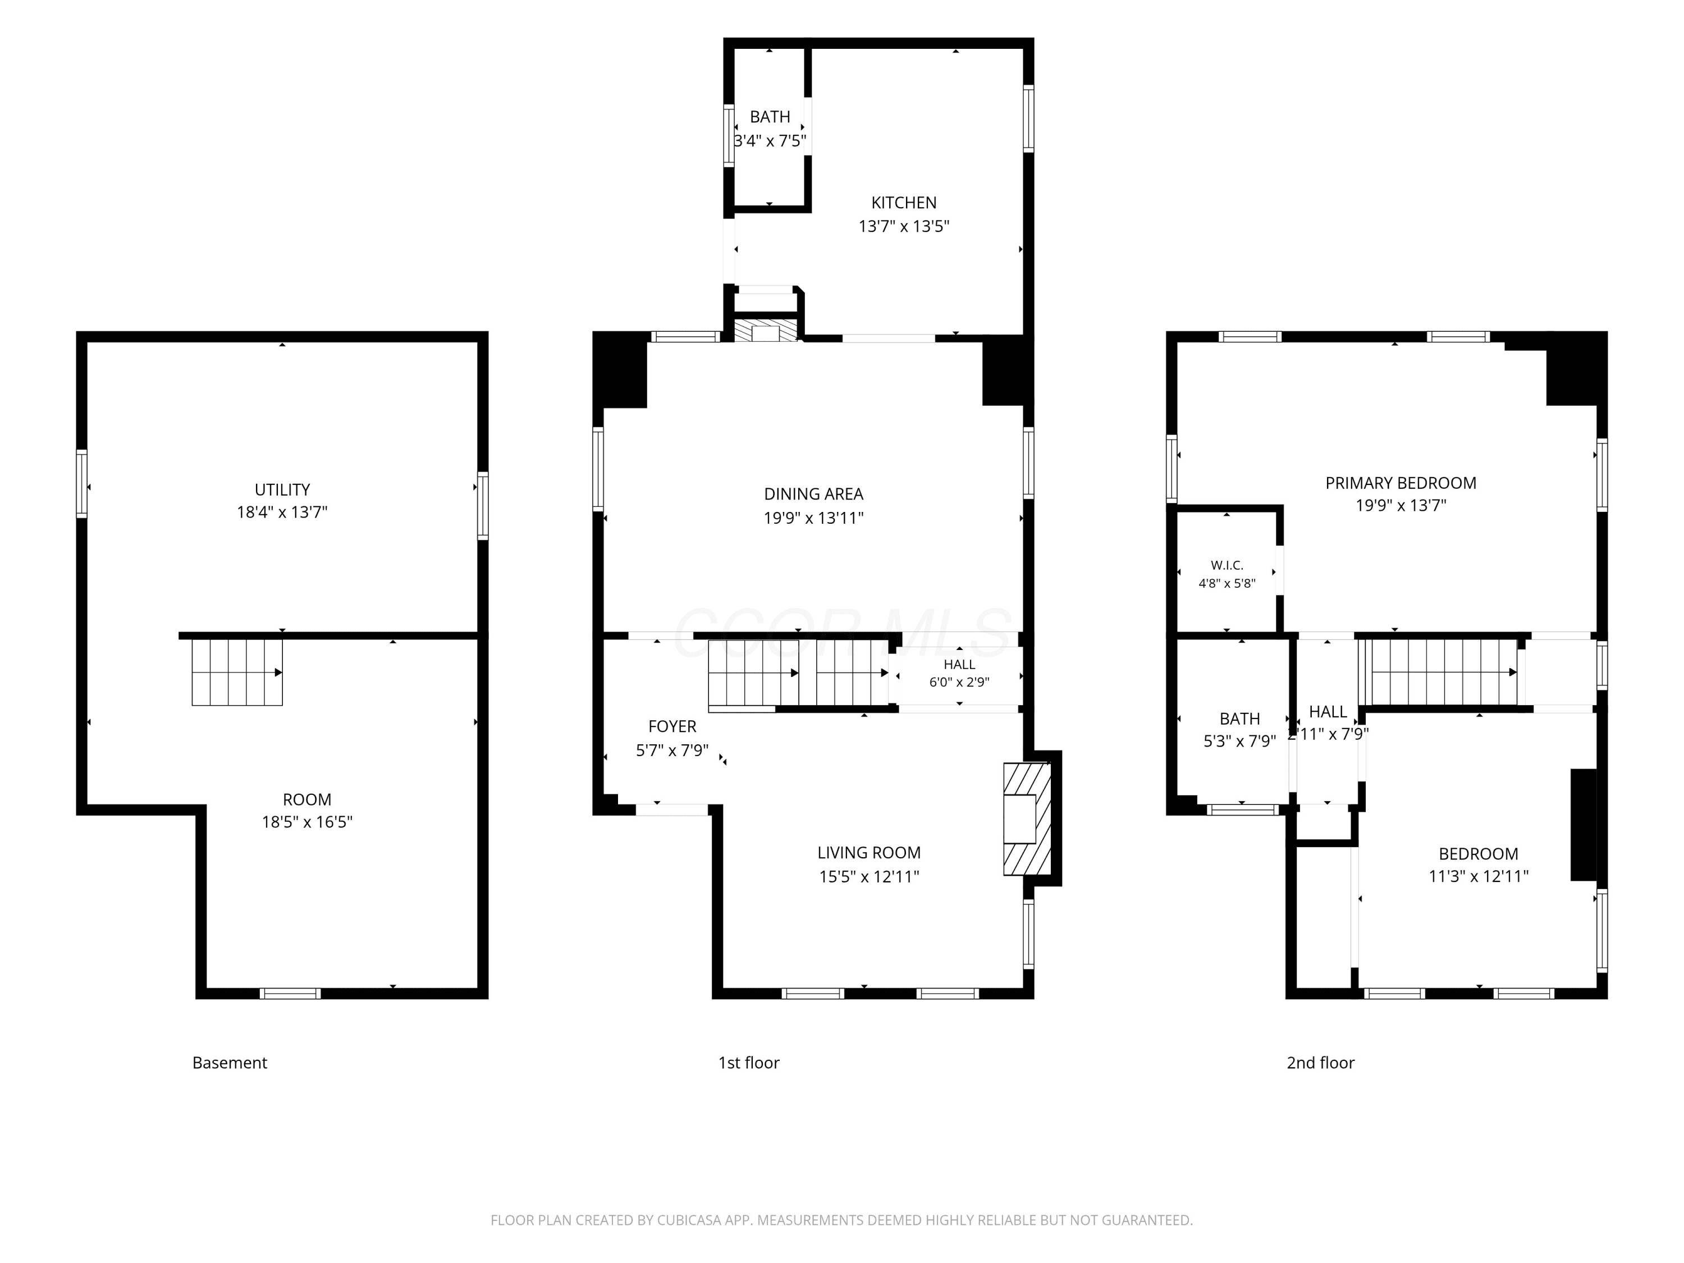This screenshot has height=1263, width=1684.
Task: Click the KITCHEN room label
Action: pos(904,203)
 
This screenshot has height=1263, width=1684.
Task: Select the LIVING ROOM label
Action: pos(868,853)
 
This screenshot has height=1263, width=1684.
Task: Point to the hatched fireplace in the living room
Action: pos(1027,819)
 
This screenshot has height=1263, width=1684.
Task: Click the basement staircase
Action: pos(237,672)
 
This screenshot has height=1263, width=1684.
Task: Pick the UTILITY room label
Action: pos(282,489)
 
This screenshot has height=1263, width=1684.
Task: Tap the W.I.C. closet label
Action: pos(1227,565)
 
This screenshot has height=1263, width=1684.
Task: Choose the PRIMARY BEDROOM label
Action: pos(1401,483)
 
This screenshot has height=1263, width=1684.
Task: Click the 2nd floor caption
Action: pos(1320,1063)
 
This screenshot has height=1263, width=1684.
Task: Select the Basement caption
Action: pos(229,1063)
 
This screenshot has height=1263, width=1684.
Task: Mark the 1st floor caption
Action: pos(748,1063)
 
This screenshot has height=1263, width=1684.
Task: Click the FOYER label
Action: pos(672,726)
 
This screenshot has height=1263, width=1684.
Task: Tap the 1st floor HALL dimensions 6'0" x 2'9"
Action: pos(959,682)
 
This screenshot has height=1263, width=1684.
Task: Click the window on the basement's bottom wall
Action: pos(290,994)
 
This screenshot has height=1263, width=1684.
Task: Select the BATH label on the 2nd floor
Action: pos(1239,719)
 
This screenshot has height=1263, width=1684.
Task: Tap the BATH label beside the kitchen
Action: pos(770,117)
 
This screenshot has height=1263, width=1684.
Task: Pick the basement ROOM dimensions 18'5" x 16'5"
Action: pos(307,822)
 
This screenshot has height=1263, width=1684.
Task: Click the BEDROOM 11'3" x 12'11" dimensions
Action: pos(1479,876)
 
